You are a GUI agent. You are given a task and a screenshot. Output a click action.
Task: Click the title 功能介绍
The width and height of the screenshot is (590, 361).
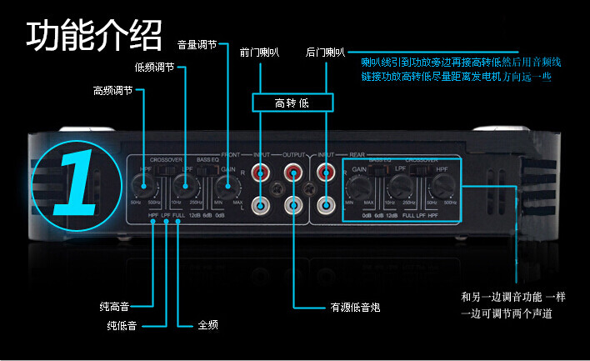(x=93, y=35)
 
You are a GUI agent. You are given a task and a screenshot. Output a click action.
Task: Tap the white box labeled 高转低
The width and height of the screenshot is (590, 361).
(x=292, y=103)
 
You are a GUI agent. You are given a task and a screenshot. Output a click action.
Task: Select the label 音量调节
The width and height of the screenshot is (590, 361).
(x=197, y=44)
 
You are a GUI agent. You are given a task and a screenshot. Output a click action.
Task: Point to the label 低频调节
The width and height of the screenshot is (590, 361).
(x=155, y=68)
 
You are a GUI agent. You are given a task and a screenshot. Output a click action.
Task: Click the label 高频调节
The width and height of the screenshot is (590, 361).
(x=112, y=91)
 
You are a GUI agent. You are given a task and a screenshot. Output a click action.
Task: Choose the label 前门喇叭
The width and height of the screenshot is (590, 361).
(x=258, y=53)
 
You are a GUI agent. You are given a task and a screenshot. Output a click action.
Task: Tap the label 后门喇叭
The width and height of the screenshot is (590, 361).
(x=325, y=53)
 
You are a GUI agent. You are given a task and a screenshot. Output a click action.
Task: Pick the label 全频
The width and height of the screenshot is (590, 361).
(x=207, y=324)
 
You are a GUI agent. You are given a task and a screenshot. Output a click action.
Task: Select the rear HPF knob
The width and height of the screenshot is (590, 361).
(x=440, y=187)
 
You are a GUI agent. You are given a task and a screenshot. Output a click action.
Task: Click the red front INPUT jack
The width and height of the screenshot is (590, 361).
(x=261, y=174)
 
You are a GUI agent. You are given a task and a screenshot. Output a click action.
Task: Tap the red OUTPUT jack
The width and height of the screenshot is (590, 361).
(x=292, y=174)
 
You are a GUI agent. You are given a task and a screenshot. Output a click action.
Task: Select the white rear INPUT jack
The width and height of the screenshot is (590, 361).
(x=325, y=203)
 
